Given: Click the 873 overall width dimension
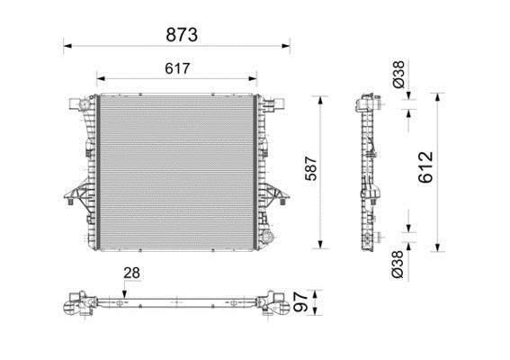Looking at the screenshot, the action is click(x=182, y=34).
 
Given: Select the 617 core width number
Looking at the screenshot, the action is click(x=177, y=68).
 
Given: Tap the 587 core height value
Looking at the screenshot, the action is click(x=311, y=168).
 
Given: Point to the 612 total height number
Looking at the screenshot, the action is click(x=425, y=166).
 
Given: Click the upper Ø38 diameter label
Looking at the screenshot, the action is click(x=398, y=74).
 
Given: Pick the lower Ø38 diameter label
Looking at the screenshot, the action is click(x=398, y=265).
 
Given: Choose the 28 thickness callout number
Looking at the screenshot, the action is click(x=131, y=273).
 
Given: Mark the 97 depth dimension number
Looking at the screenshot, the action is click(x=300, y=301).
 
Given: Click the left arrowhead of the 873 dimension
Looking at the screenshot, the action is click(x=67, y=46).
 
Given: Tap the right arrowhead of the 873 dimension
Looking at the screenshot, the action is click(x=286, y=46).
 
